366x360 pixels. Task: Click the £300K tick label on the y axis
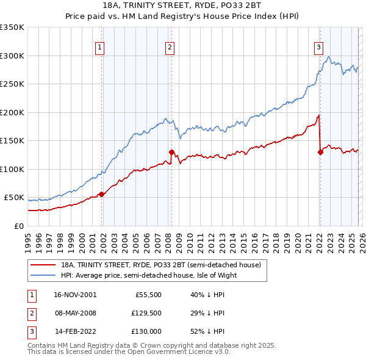tap(12, 56)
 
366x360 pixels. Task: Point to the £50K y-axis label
tap(14, 198)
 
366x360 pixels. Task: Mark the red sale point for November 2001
tap(102, 194)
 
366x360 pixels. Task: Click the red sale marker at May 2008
tap(171, 152)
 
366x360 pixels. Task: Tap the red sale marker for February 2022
tap(320, 152)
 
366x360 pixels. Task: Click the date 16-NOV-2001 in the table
tap(75, 294)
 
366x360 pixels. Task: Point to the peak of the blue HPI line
tap(329, 57)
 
